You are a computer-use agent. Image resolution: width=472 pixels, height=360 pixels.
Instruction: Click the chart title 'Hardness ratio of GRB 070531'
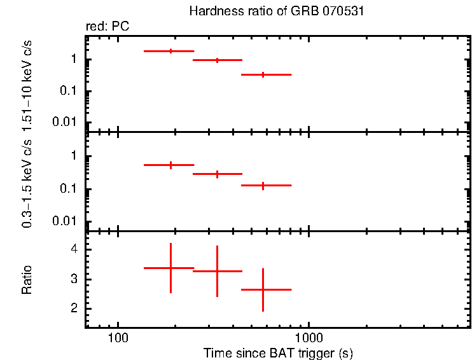pyautogui.click(x=277, y=11)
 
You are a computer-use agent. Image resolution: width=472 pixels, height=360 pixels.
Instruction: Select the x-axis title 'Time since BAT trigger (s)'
pyautogui.click(x=278, y=353)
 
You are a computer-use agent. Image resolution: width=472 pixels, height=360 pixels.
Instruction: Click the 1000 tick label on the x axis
pyautogui.click(x=309, y=337)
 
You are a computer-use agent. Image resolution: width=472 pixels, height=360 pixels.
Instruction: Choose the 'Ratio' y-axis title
pyautogui.click(x=27, y=280)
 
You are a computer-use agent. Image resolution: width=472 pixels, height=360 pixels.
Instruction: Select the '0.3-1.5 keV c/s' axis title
pyautogui.click(x=27, y=184)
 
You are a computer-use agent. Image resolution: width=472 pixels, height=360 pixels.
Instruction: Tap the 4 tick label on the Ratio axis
pyautogui.click(x=74, y=249)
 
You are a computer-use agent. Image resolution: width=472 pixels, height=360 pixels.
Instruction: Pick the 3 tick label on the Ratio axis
pyautogui.click(x=74, y=279)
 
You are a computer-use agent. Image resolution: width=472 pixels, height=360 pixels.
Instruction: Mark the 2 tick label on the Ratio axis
pyautogui.click(x=74, y=308)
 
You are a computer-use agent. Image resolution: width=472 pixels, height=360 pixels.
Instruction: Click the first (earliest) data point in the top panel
pyautogui.click(x=170, y=51)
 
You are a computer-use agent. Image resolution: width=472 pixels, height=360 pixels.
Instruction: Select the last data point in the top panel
pyautogui.click(x=263, y=74)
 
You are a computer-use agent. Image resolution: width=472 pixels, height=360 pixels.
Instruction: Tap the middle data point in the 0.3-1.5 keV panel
pyautogui.click(x=217, y=174)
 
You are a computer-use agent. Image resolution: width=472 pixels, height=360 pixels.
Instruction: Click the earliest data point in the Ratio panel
pyautogui.click(x=170, y=268)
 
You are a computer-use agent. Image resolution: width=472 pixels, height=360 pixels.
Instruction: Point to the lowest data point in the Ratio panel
pyautogui.click(x=263, y=289)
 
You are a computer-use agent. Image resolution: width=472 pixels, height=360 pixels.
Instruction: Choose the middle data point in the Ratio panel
pyautogui.click(x=217, y=271)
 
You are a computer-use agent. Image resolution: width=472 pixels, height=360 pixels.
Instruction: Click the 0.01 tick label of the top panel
pyautogui.click(x=68, y=121)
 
